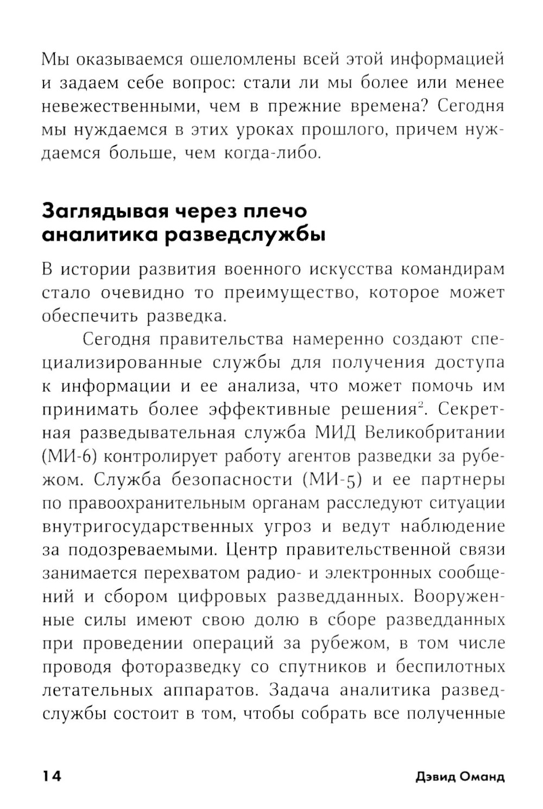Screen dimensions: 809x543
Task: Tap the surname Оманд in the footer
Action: (x=482, y=776)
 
